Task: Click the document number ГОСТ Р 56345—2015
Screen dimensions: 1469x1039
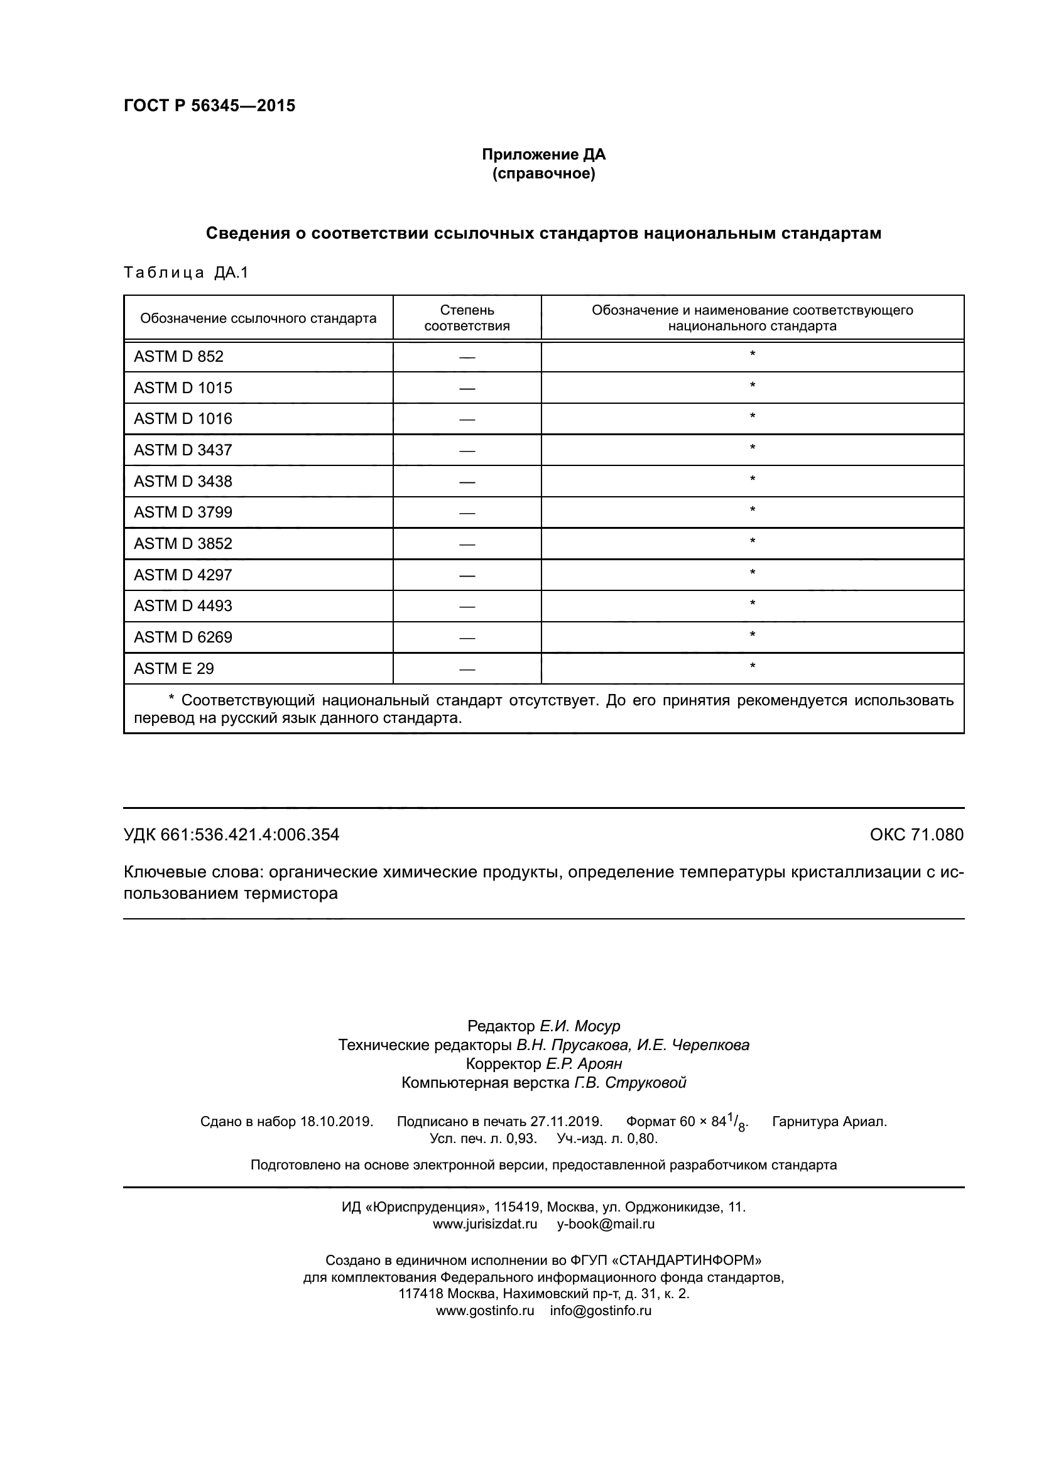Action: pos(209,106)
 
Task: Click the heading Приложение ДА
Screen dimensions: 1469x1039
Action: pos(543,154)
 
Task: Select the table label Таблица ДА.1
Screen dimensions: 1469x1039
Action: pos(185,273)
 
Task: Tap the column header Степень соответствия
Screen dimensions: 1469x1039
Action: pos(467,318)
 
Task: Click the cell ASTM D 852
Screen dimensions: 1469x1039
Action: pos(178,356)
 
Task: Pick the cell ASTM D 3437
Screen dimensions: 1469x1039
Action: pos(182,450)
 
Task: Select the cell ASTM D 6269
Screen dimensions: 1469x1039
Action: pos(182,637)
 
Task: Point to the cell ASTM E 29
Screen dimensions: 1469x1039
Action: pos(173,669)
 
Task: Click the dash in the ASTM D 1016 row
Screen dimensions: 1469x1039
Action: pos(467,419)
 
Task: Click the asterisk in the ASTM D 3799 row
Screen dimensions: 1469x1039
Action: pos(753,511)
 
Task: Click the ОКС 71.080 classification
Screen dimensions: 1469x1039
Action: pos(916,835)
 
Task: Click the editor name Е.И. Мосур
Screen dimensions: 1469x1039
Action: pos(580,1026)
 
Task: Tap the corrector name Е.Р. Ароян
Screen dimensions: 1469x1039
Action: pos(584,1064)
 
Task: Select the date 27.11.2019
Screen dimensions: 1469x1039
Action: pos(566,1121)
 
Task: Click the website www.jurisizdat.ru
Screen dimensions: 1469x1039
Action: pos(485,1224)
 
